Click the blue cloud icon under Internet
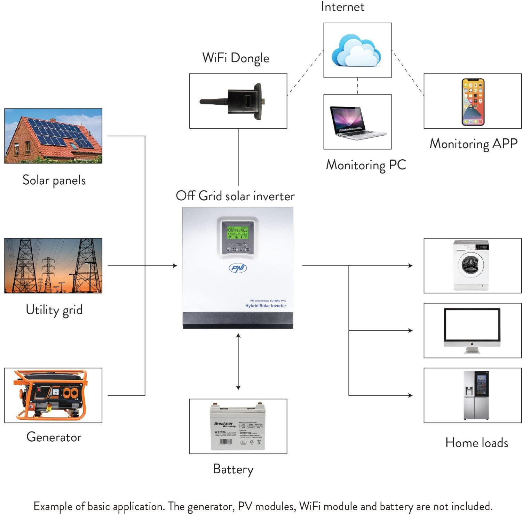[x=356, y=51]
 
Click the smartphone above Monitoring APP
[x=473, y=102]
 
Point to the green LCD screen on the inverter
[x=237, y=233]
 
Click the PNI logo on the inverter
[x=238, y=268]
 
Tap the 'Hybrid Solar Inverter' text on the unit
[x=266, y=306]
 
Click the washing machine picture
[x=471, y=265]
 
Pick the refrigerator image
[x=476, y=395]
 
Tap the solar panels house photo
[x=53, y=136]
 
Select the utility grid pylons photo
[x=53, y=266]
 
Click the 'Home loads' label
[x=476, y=443]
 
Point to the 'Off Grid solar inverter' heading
[x=235, y=196]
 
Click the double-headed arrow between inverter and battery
[x=238, y=362]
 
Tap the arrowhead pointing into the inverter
[x=175, y=266]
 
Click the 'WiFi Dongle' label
[x=236, y=58]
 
